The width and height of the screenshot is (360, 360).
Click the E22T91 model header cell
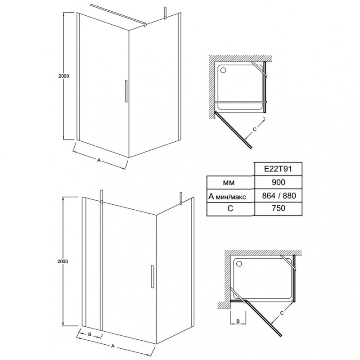pyautogui.click(x=277, y=169)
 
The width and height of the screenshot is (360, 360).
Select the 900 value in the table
pyautogui.click(x=277, y=182)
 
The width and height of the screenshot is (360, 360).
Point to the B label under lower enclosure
pyautogui.click(x=90, y=334)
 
